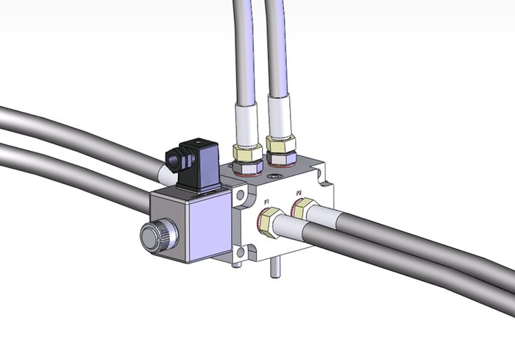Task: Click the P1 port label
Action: [x=266, y=201]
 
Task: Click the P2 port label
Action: [x=299, y=192]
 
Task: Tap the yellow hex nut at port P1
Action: [x=270, y=222]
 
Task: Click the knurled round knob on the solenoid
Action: [x=159, y=236]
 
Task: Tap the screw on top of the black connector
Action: [x=197, y=143]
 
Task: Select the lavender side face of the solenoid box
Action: [x=209, y=226]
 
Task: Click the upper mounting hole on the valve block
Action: [x=241, y=195]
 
